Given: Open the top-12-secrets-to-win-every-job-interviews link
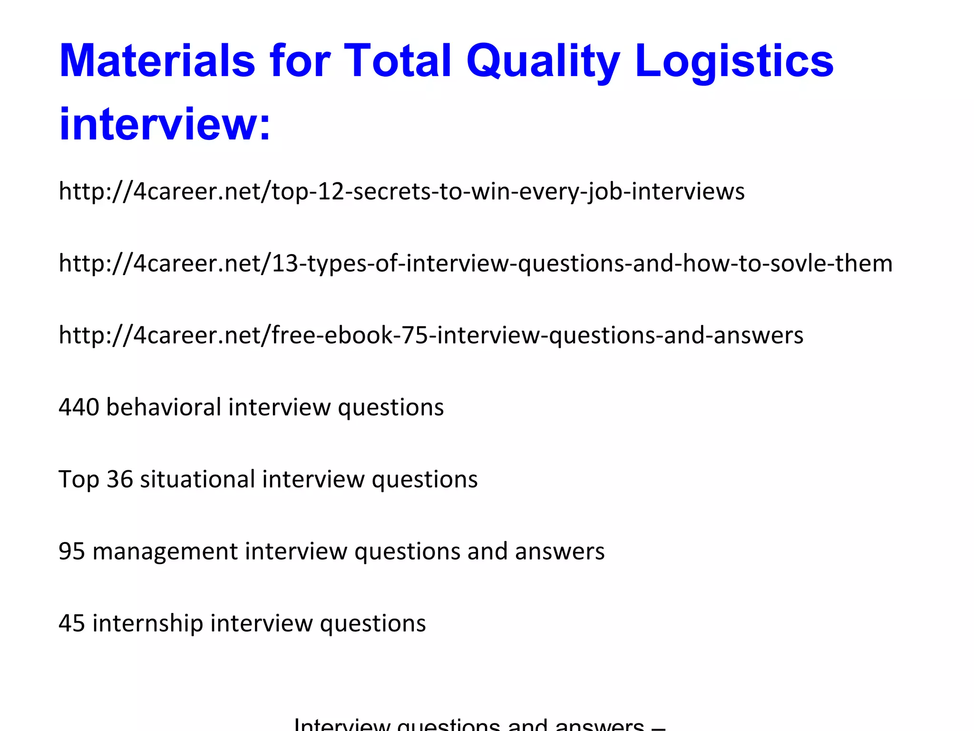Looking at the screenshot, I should [x=401, y=191].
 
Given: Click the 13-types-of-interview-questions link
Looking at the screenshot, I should [x=476, y=263].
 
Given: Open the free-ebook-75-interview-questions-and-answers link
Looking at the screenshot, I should [x=431, y=335].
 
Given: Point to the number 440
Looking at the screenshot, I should [x=79, y=407].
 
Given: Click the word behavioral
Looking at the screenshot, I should [x=164, y=407].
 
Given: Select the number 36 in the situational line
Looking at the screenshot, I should [x=119, y=479].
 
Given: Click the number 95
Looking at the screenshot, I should [x=72, y=551].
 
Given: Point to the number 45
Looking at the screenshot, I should [x=72, y=623].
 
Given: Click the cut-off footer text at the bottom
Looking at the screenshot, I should [x=479, y=724].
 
